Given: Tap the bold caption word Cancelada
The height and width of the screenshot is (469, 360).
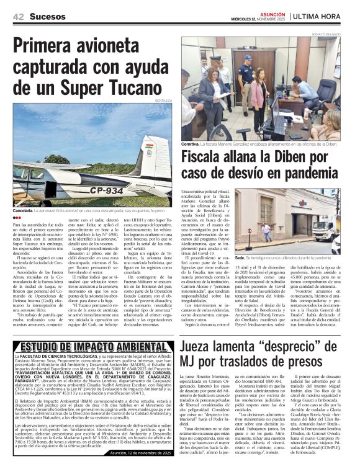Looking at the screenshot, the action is [x=25, y=211].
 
